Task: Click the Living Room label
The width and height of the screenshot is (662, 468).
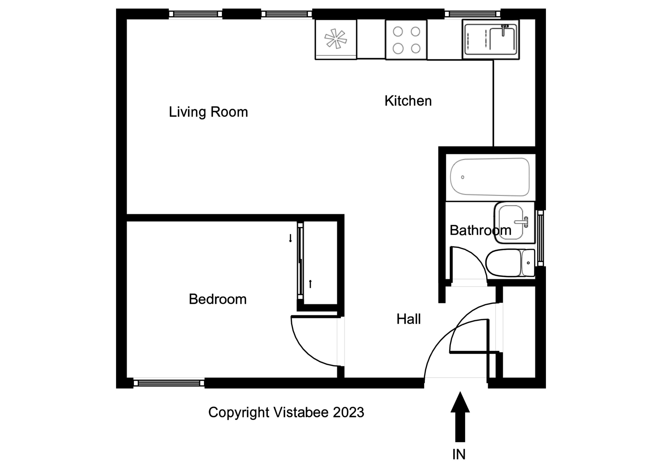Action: click(208, 112)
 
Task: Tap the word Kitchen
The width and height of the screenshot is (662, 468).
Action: click(408, 101)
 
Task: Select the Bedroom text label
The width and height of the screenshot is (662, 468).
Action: click(218, 299)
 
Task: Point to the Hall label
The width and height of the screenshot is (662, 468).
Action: click(408, 319)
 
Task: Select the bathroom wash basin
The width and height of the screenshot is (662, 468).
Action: click(513, 222)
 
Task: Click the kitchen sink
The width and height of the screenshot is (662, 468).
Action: click(490, 39)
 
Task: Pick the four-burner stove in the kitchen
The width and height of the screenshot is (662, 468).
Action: click(406, 40)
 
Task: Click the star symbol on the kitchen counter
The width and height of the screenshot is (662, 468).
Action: click(335, 39)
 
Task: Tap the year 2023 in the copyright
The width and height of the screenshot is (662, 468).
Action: click(348, 413)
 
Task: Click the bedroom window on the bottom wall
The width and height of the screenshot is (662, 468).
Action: click(169, 383)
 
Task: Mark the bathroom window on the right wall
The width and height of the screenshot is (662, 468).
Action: click(540, 238)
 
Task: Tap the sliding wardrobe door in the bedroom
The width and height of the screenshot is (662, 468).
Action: click(300, 261)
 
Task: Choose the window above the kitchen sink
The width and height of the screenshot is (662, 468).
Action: click(472, 14)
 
